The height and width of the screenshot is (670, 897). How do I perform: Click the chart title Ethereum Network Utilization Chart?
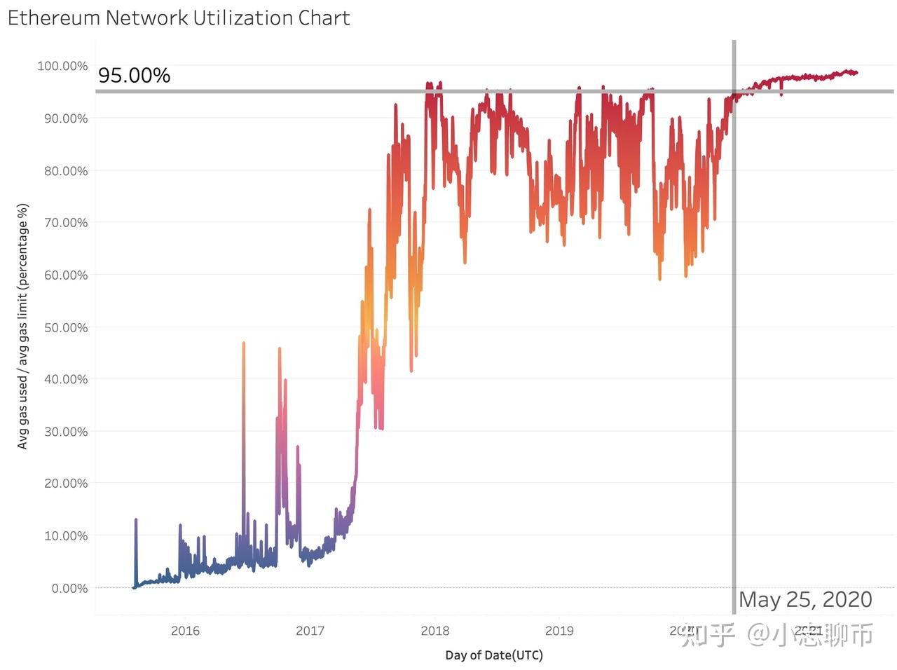click(179, 18)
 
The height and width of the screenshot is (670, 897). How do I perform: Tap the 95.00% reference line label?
click(134, 75)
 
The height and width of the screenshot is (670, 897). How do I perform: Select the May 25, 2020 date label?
click(805, 600)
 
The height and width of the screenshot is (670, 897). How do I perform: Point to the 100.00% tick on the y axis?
click(62, 66)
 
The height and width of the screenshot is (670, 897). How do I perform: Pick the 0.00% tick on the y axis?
click(69, 588)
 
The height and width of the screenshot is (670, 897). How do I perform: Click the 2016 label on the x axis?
click(185, 631)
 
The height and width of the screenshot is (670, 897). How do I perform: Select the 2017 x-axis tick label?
click(310, 631)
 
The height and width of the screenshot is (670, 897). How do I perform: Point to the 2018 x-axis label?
click(434, 631)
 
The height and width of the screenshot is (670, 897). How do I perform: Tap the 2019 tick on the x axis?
click(559, 631)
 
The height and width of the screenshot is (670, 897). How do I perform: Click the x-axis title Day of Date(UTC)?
click(494, 655)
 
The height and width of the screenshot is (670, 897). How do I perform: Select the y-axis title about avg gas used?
click(23, 327)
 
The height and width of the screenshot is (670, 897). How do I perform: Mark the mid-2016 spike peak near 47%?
click(244, 343)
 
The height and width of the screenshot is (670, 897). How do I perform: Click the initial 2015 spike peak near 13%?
click(136, 520)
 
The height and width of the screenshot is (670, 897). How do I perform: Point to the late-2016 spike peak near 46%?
click(280, 349)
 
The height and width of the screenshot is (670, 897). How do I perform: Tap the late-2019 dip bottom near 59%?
click(659, 279)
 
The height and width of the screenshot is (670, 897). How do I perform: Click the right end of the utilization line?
click(856, 73)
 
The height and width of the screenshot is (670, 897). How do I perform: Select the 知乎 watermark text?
click(708, 635)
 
